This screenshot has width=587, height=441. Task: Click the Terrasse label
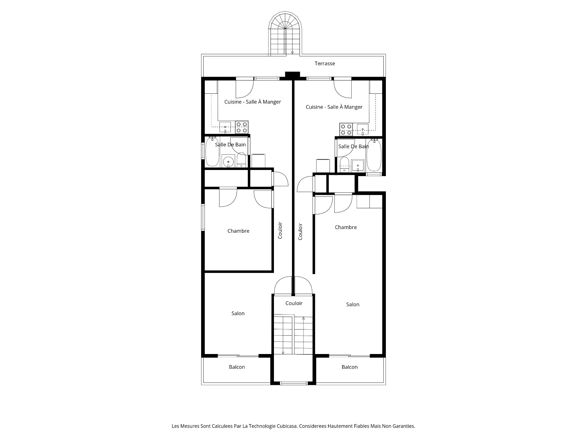tap(325, 63)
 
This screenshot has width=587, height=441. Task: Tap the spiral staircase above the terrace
tap(285, 34)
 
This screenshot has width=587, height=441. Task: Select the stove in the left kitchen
tap(242, 127)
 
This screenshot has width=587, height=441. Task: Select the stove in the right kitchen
tap(346, 129)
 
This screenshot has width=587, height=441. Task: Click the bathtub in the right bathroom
tap(374, 155)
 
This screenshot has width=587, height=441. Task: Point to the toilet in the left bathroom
tap(242, 160)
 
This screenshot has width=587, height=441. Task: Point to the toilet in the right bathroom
tap(344, 165)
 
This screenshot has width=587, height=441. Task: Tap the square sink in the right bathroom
tap(358, 166)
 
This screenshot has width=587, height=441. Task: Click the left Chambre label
tap(238, 231)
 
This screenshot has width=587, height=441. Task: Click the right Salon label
tap(353, 304)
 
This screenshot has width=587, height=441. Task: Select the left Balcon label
tap(237, 367)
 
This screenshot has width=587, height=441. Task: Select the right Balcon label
tap(350, 367)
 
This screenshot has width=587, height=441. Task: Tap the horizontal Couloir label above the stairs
tap(294, 303)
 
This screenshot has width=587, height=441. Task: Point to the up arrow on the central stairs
tap(304, 318)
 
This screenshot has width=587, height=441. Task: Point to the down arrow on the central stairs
tap(283, 352)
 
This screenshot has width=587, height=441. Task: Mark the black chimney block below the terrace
tap(293, 74)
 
